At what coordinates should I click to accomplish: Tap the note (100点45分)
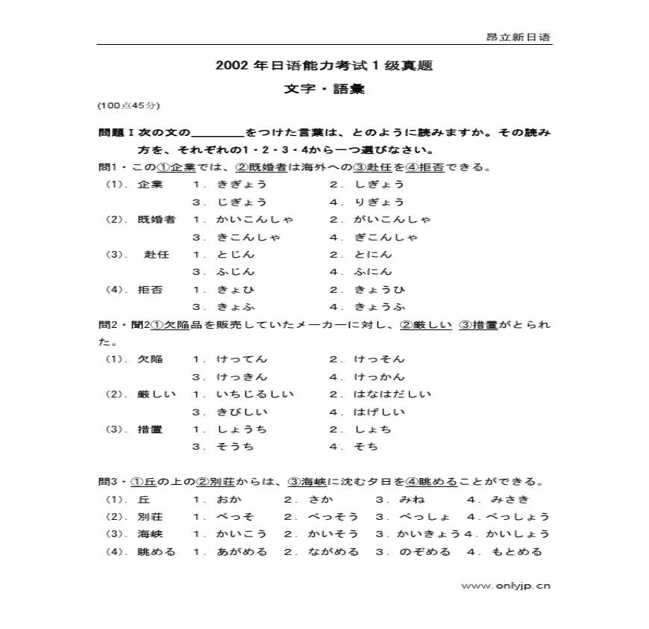(128, 106)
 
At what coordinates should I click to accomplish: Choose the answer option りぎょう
(378, 202)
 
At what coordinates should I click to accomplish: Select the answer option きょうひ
(378, 290)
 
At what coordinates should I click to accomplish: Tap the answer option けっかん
(378, 377)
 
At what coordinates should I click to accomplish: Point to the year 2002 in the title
(231, 66)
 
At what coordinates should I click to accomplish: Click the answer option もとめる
(515, 552)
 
